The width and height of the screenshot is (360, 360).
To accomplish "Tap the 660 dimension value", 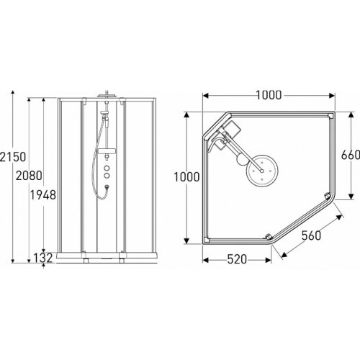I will click(x=348, y=154).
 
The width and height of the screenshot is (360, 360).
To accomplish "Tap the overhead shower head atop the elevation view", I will click(x=106, y=94).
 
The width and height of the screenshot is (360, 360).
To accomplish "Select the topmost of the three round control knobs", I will click(x=106, y=163).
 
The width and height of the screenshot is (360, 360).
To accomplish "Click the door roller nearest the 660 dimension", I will click(x=328, y=195).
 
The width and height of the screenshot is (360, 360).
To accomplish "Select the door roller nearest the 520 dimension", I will click(x=267, y=238).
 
